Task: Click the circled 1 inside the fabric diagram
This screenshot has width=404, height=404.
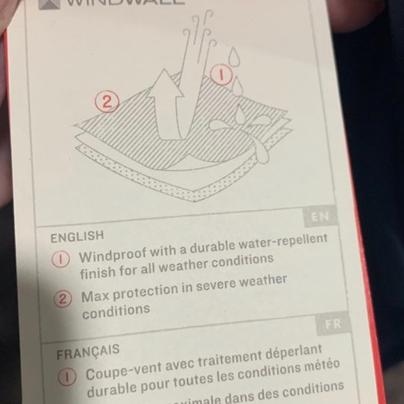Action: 219,74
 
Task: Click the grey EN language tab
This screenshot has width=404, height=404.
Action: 320,217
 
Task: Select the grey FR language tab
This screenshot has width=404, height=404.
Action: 332,325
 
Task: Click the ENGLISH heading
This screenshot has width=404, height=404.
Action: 77,236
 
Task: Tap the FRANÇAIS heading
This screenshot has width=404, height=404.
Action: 88,351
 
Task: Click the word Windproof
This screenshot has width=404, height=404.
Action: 111,256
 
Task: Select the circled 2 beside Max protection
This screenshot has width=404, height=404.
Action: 64,300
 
